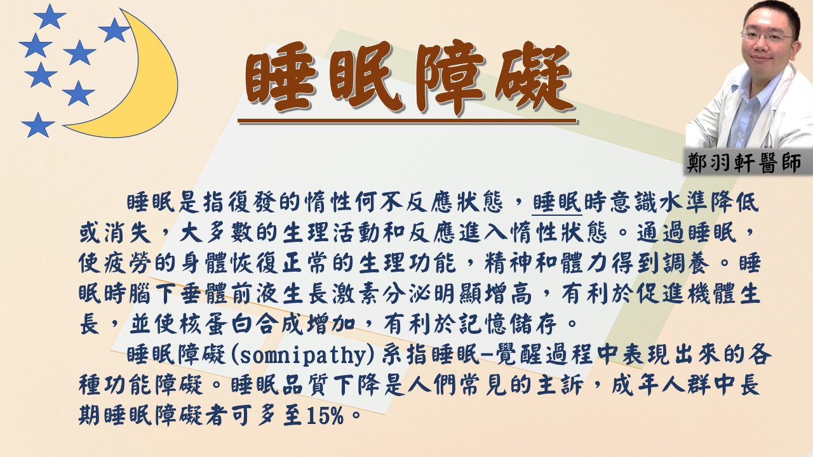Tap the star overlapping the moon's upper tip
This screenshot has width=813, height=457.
point(114,30)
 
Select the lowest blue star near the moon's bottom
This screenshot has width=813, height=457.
point(37,125)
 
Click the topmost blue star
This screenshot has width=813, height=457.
point(50,17)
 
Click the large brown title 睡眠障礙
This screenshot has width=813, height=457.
point(408,78)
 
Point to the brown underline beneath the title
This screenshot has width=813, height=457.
point(407,121)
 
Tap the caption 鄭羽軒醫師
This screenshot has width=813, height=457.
point(744,163)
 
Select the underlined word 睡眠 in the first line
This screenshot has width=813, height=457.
point(557,202)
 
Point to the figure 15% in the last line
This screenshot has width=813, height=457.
point(325,416)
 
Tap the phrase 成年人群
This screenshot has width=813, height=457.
point(660,385)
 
